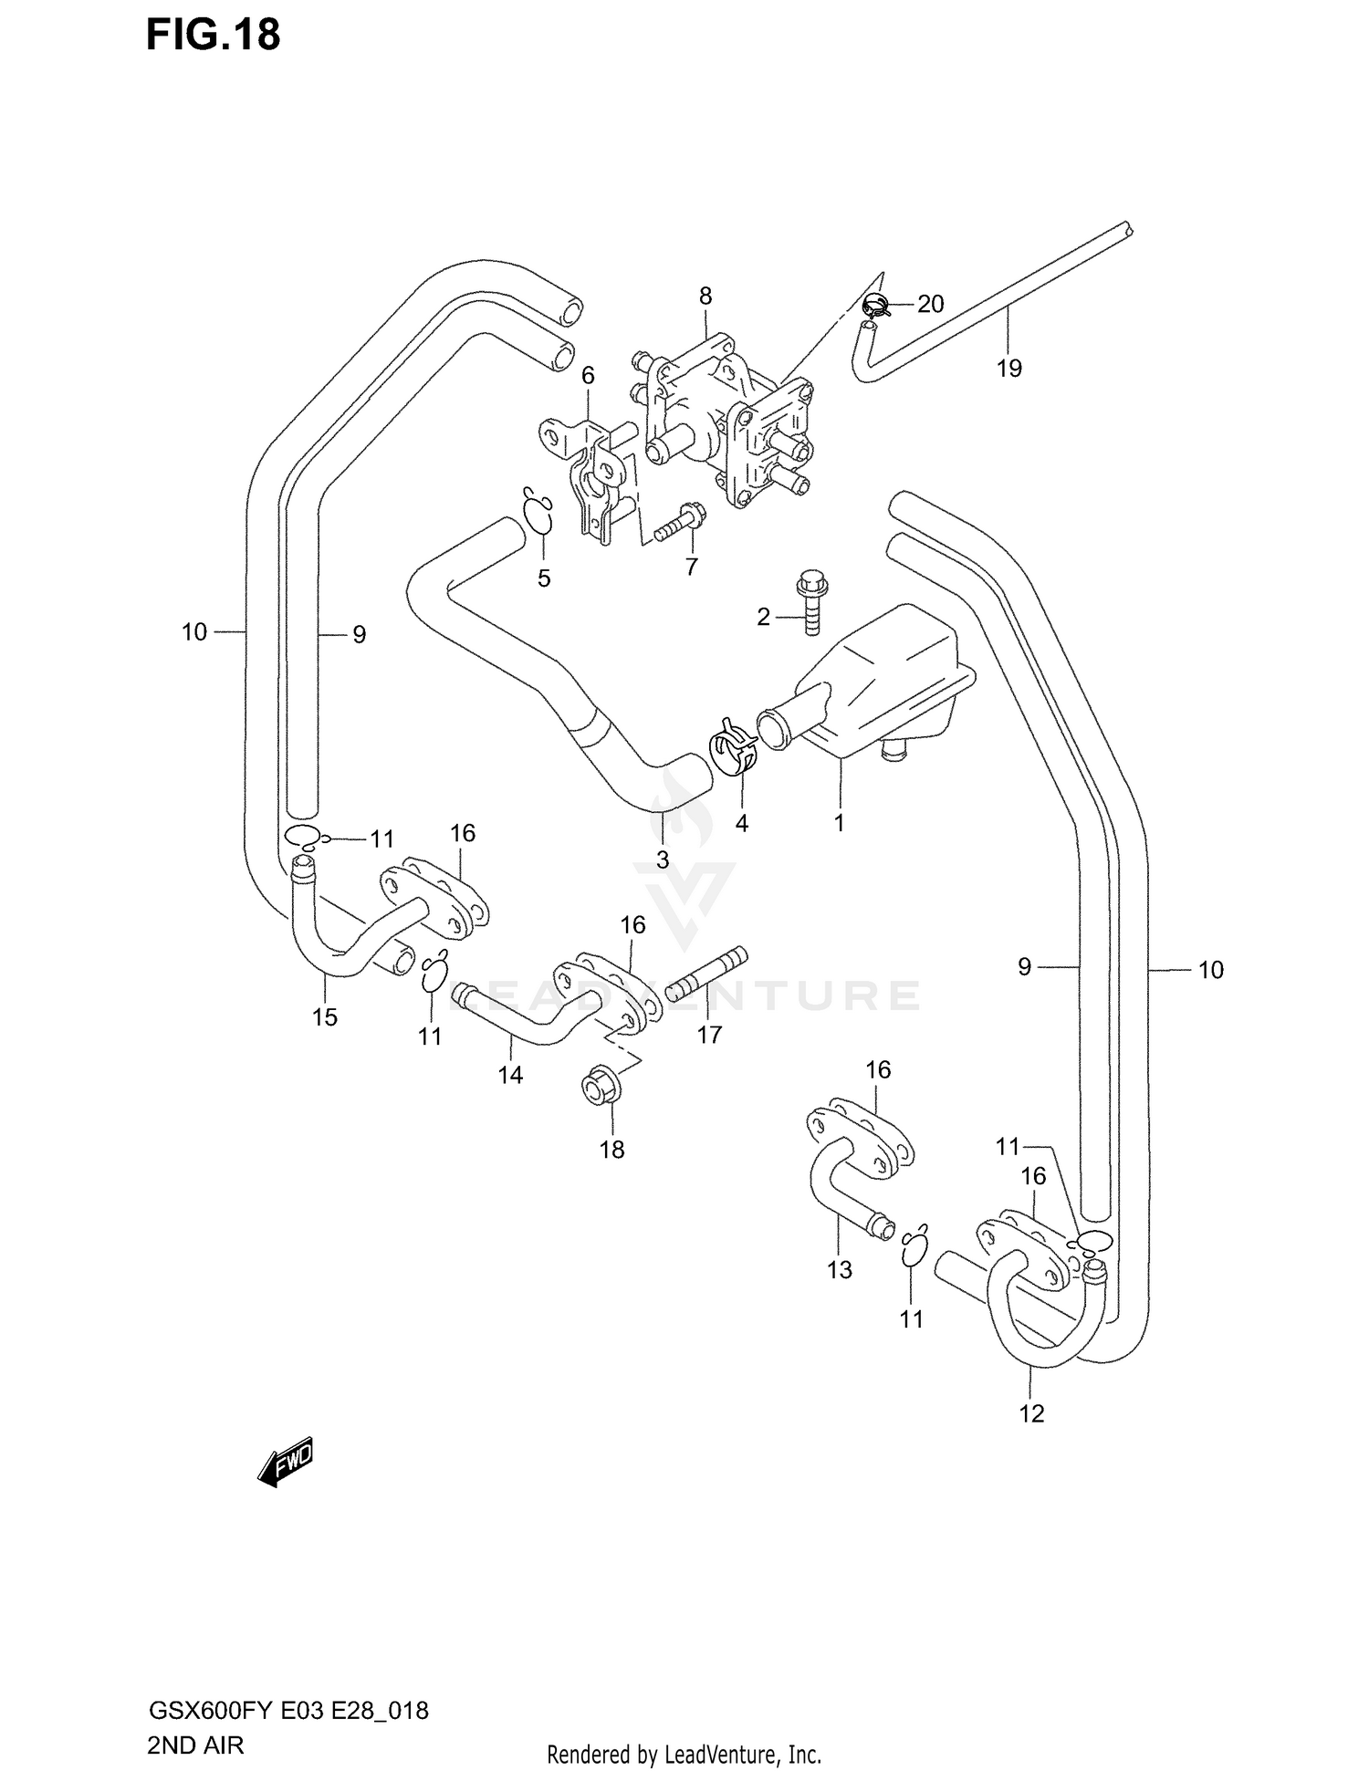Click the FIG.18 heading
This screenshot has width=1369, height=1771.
pyautogui.click(x=213, y=36)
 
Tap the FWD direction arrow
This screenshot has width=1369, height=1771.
pyautogui.click(x=287, y=1464)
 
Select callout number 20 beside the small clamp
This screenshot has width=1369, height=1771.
pyautogui.click(x=930, y=304)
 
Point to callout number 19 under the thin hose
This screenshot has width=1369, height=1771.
pyautogui.click(x=1008, y=369)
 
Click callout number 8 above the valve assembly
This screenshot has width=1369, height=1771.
pyautogui.click(x=705, y=296)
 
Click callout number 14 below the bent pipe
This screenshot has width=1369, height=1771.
pyautogui.click(x=510, y=1076)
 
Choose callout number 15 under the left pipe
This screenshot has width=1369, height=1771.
pyautogui.click(x=325, y=1016)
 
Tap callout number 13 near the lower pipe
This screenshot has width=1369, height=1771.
pyautogui.click(x=840, y=1269)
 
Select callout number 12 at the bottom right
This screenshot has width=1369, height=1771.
pyautogui.click(x=1031, y=1413)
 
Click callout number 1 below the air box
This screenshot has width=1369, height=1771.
pyautogui.click(x=839, y=822)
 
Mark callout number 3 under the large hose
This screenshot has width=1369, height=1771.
pyautogui.click(x=663, y=859)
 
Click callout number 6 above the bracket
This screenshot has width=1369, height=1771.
pyautogui.click(x=588, y=376)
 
